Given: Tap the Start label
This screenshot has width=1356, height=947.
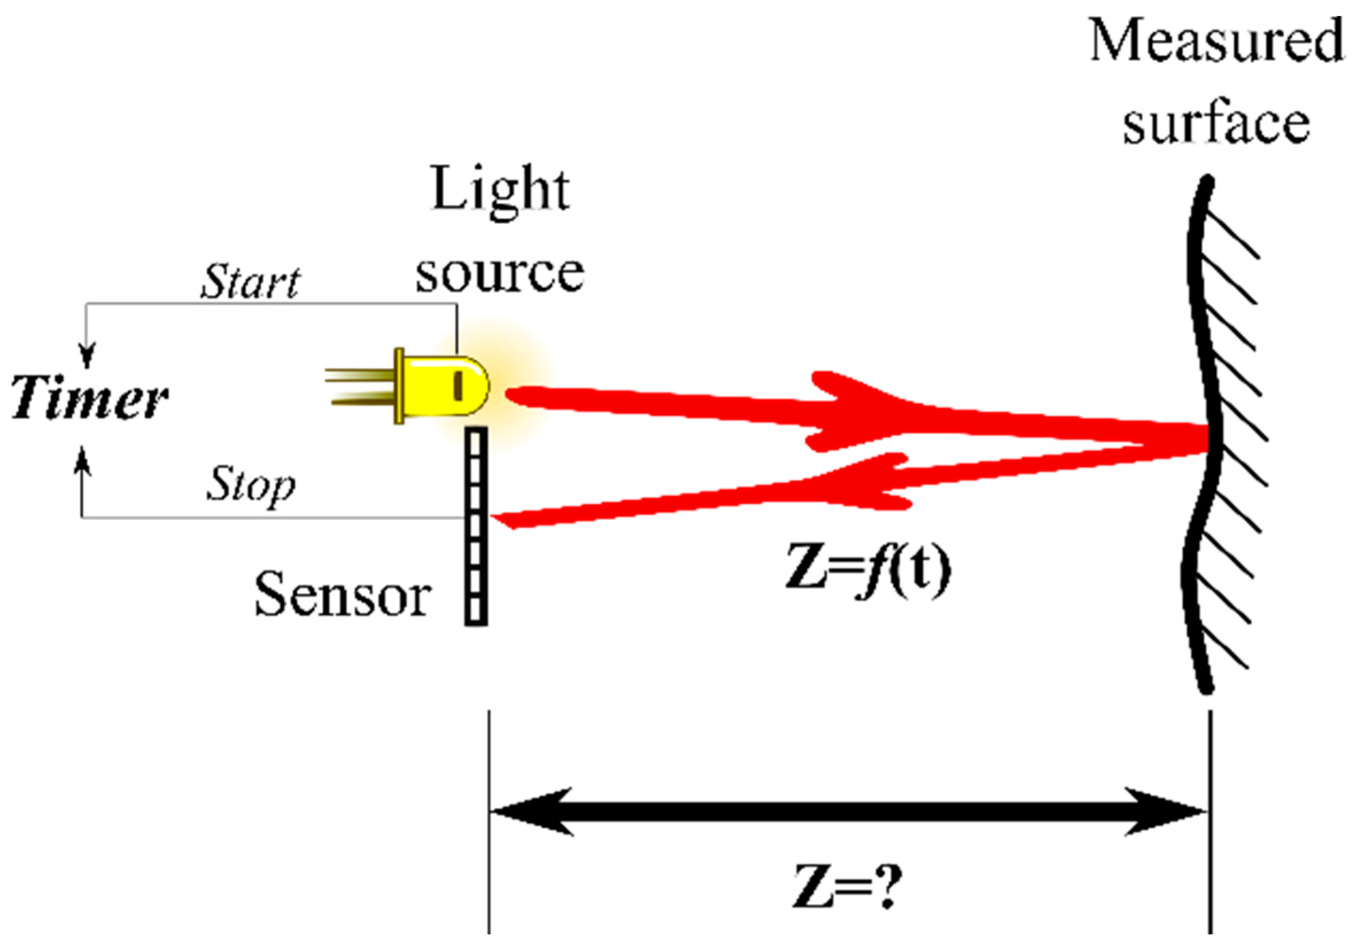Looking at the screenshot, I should [250, 282].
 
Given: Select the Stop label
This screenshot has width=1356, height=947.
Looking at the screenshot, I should [250, 486].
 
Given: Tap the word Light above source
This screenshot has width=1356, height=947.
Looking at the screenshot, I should [501, 190].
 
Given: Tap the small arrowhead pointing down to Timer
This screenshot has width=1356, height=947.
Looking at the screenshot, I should [87, 356].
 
